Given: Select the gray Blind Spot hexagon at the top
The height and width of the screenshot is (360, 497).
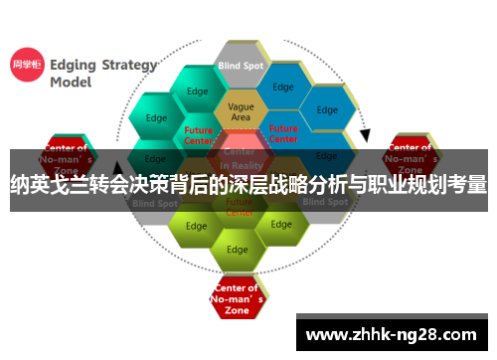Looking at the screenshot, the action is tap(241, 66).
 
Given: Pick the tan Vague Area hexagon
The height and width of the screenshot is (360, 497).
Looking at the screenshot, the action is tap(241, 111).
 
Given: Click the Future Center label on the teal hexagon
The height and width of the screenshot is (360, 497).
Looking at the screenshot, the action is tap(199, 134).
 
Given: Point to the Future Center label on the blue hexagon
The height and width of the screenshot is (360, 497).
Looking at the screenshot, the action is tap(283, 132).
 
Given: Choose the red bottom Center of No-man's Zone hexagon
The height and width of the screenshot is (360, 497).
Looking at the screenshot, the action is tap(237, 296).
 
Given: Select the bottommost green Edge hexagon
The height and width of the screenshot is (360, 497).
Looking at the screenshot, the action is tap(237, 249).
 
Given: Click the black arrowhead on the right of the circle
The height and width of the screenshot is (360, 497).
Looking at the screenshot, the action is tap(365, 134).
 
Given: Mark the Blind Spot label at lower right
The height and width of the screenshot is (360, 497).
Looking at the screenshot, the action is tap(326, 202).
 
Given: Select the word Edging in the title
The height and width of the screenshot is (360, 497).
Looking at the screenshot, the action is tap(72, 66).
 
